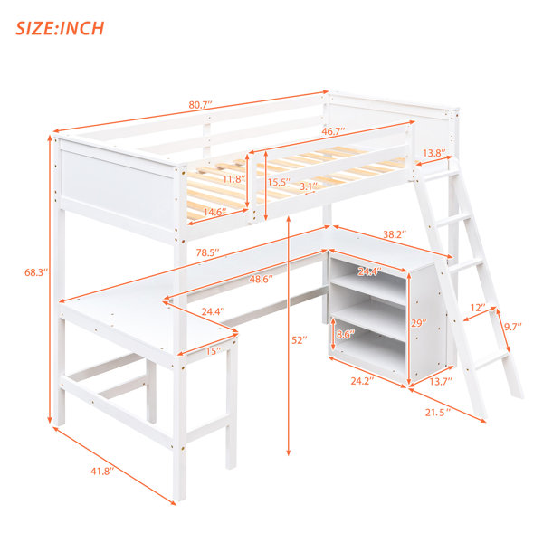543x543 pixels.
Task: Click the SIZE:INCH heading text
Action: pyautogui.click(x=60, y=28)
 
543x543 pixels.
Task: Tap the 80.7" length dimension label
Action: pyautogui.click(x=200, y=105)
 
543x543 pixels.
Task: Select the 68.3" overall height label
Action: pyautogui.click(x=35, y=272)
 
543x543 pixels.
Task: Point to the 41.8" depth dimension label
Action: pyautogui.click(x=102, y=471)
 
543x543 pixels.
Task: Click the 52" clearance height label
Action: pyautogui.click(x=300, y=340)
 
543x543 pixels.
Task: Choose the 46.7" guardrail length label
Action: pyautogui.click(x=333, y=131)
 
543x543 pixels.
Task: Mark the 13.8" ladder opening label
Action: pyautogui.click(x=433, y=153)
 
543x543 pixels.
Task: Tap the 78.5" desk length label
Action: pyautogui.click(x=208, y=252)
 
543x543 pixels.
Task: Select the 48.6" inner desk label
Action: pyautogui.click(x=262, y=279)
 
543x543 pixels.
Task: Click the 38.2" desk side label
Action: pyautogui.click(x=395, y=234)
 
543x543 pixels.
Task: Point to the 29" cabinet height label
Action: pyautogui.click(x=419, y=323)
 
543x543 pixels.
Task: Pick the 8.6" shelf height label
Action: pyautogui.click(x=346, y=334)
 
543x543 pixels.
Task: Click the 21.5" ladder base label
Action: pyautogui.click(x=438, y=412)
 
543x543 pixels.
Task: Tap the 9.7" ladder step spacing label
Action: pyautogui.click(x=512, y=326)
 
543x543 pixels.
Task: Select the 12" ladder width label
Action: pyautogui.click(x=478, y=308)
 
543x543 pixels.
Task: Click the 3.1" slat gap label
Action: pyautogui.click(x=308, y=186)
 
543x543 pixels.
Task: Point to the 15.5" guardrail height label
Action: pyautogui.click(x=279, y=182)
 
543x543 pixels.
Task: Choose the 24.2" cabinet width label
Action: pyautogui.click(x=363, y=381)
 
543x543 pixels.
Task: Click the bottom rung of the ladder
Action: pyautogui.click(x=491, y=361)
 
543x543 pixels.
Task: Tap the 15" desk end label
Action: pyautogui.click(x=214, y=351)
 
